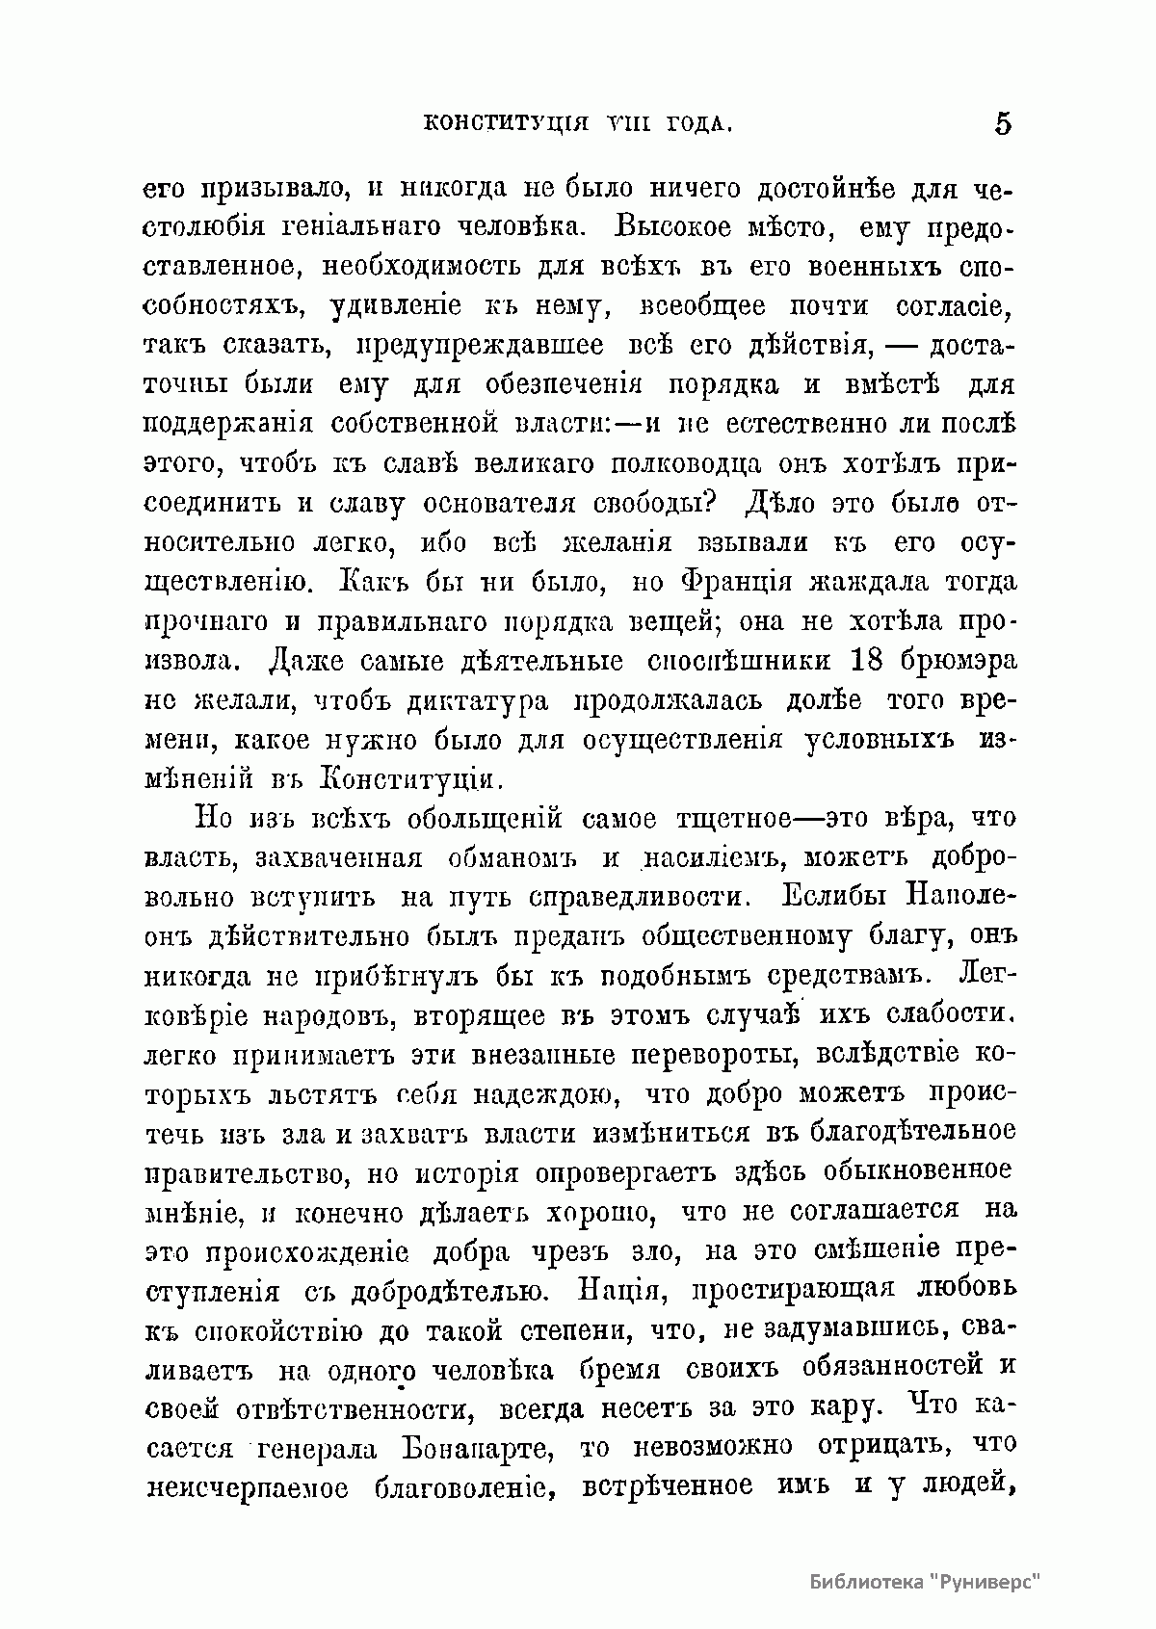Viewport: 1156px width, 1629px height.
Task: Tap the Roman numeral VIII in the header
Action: (624, 125)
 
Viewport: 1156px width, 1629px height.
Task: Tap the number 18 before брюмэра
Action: (873, 662)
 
